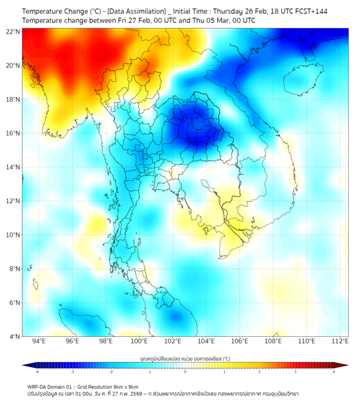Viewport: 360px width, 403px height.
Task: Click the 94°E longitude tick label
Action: (39, 342)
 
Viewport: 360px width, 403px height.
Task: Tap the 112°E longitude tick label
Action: (340, 342)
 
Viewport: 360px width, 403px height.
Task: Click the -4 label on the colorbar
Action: (37, 372)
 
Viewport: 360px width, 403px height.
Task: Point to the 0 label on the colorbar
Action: (185, 372)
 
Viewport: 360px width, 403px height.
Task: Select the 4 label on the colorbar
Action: (334, 372)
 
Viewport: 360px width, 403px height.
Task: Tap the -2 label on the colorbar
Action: (111, 372)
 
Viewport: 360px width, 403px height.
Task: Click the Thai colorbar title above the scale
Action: (185, 359)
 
